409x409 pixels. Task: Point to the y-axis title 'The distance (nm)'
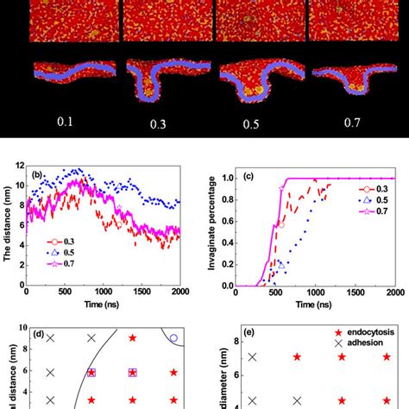tap(9, 227)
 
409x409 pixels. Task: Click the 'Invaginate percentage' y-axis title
tap(218, 227)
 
